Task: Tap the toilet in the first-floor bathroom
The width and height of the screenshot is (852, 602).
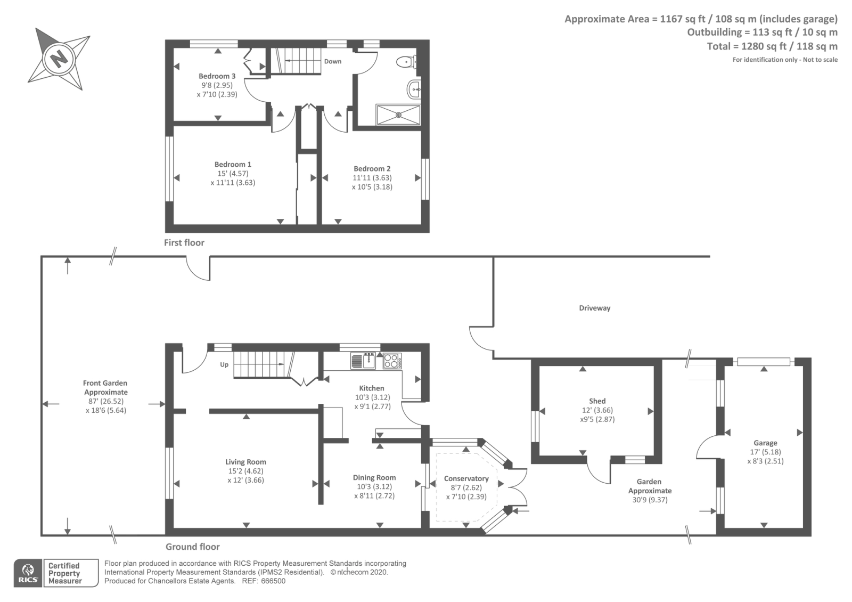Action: (x=407, y=62)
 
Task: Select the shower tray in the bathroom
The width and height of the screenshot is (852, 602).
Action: (x=398, y=115)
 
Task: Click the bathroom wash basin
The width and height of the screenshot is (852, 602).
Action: (x=414, y=90)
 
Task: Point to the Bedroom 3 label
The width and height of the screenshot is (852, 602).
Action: (x=217, y=76)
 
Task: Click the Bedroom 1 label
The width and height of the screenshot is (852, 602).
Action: (x=233, y=165)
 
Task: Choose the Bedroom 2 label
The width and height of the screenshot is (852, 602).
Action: (x=372, y=169)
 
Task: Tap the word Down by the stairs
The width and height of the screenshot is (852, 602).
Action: (x=333, y=61)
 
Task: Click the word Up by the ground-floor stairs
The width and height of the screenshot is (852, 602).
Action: (x=224, y=365)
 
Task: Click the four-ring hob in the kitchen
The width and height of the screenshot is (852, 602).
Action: (x=392, y=361)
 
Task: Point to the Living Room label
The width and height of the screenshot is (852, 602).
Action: (x=245, y=462)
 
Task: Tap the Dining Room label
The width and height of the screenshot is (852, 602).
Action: (x=374, y=478)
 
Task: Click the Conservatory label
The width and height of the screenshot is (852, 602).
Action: (x=466, y=478)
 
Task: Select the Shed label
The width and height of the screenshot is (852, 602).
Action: (x=597, y=401)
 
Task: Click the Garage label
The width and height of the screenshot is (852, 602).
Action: (x=765, y=443)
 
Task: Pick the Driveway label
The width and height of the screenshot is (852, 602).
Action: (x=594, y=308)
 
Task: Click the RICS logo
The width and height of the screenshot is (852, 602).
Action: (x=28, y=573)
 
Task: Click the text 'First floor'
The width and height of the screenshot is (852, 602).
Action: (x=184, y=243)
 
